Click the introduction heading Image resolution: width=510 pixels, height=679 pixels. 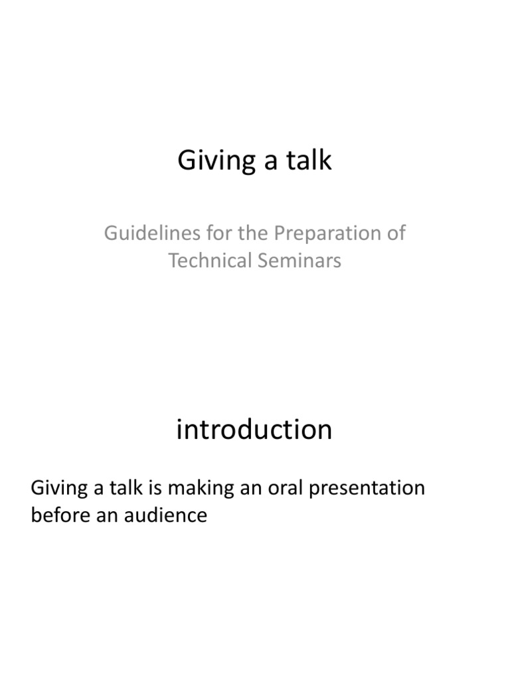(x=254, y=430)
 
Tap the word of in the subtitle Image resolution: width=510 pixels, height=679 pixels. (x=395, y=233)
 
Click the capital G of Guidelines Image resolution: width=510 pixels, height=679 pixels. (x=111, y=233)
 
